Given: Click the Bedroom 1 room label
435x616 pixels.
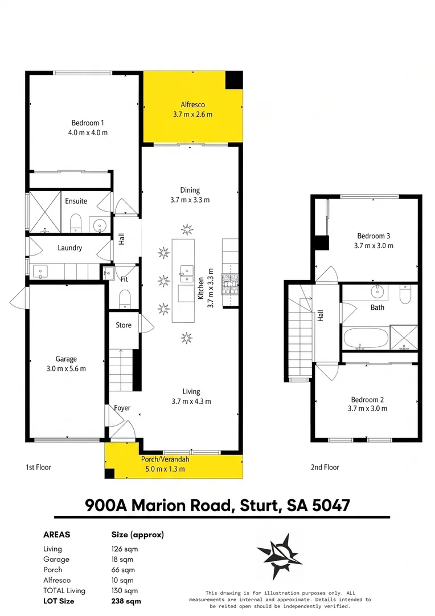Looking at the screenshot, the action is click(x=88, y=123).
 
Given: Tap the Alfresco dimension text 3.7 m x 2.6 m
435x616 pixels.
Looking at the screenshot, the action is click(x=192, y=115).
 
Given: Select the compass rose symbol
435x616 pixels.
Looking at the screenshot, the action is click(x=280, y=556).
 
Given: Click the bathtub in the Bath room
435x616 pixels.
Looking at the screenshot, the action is click(x=366, y=338).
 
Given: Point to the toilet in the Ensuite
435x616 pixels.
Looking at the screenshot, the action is click(x=76, y=223).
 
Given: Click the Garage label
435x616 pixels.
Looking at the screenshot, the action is click(x=66, y=359).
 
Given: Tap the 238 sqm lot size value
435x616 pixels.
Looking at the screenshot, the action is click(x=126, y=601).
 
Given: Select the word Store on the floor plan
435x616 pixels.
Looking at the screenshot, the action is click(x=124, y=325).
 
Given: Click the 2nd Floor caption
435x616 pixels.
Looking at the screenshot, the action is click(x=325, y=467).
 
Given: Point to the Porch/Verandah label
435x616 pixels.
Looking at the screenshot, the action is click(x=165, y=459).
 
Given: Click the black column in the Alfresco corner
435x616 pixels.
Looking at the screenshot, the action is click(x=234, y=80).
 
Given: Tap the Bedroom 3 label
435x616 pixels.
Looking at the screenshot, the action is click(x=374, y=236).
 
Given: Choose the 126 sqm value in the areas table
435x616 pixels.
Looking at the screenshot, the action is click(x=125, y=549).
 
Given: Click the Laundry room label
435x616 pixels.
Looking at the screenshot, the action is click(x=70, y=248).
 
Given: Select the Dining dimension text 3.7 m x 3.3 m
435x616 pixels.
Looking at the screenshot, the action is click(x=190, y=200).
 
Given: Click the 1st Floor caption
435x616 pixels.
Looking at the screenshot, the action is click(x=39, y=467).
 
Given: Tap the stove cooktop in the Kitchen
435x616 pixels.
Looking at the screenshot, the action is click(x=229, y=283).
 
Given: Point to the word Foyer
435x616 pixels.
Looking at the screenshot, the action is click(x=122, y=408).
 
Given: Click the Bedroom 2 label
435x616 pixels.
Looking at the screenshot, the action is click(x=368, y=399).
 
